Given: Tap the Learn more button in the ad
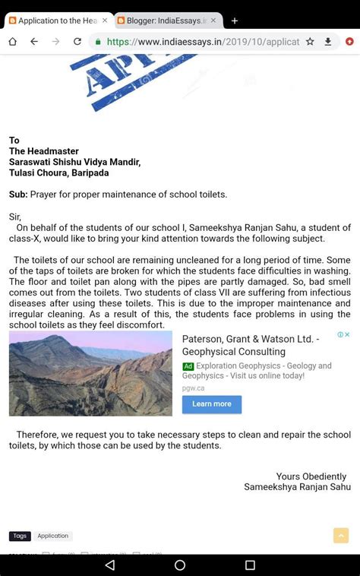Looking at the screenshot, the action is pos(212,404).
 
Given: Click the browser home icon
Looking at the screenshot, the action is pos(13,42).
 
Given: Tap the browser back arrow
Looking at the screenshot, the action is pos(34,42).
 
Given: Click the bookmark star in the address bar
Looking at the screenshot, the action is pos(310,42).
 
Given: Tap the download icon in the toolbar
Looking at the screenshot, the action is pos(328,42).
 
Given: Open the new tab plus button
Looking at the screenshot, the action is pos(235,21).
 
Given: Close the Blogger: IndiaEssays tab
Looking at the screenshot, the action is pos(213,21).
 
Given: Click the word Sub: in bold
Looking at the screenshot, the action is pos(18,195).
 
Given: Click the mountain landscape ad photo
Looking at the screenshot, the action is pos(90,373).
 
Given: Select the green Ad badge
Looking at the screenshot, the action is pos(188,366).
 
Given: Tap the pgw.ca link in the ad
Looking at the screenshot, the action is pos(193,388).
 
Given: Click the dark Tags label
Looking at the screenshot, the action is pos(20,536).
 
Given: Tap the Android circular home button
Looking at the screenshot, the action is pos(180,565).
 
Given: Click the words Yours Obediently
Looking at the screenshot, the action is pos(311,476).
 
